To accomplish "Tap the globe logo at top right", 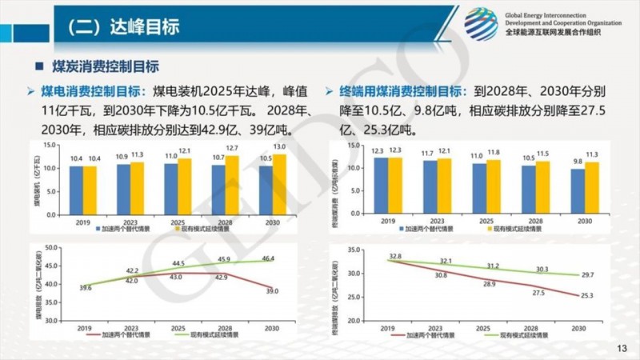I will pyautogui.click(x=481, y=24).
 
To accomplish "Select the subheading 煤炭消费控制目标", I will pyautogui.click(x=106, y=66).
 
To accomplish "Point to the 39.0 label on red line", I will pyautogui.click(x=272, y=291).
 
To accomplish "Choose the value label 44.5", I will pyautogui.click(x=178, y=263).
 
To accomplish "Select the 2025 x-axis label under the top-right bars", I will pyautogui.click(x=483, y=219).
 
